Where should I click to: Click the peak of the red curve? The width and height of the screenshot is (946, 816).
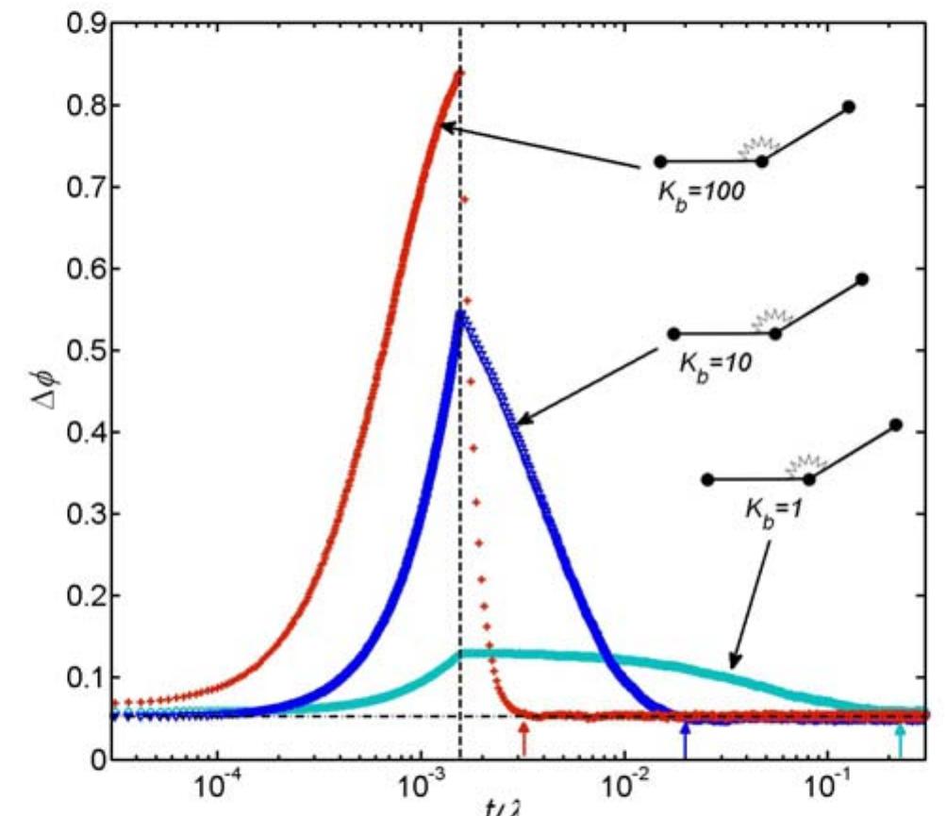point(459,72)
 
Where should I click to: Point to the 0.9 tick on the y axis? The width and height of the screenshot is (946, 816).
point(79,24)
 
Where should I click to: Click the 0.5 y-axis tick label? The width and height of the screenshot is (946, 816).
point(79,351)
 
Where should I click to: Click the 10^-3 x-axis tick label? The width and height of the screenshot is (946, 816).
point(421,788)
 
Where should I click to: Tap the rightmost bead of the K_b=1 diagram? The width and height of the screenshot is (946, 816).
point(896,425)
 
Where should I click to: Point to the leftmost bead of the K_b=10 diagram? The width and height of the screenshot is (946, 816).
point(673,333)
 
